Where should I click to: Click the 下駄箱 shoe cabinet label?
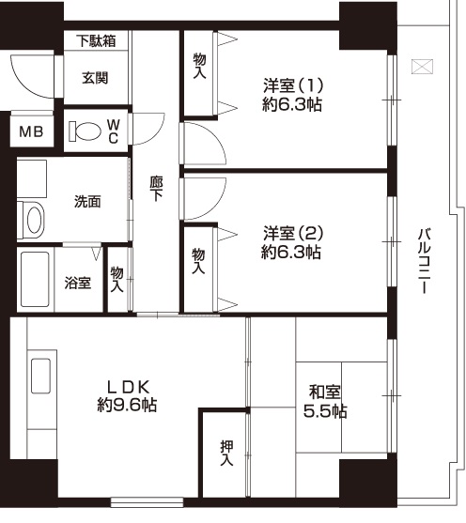tap(96, 40)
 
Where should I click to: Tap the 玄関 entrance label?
tap(96, 78)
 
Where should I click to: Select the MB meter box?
tap(31, 131)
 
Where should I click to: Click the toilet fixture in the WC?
tap(85, 131)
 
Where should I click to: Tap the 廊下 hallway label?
tap(156, 189)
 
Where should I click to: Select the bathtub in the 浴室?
tap(35, 279)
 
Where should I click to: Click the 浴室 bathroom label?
tap(77, 283)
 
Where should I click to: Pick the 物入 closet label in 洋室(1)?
tap(199, 66)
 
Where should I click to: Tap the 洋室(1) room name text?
tap(293, 85)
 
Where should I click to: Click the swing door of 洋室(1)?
tap(204, 144)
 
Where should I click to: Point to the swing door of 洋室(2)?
tap(204, 199)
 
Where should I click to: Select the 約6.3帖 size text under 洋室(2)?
tap(291, 253)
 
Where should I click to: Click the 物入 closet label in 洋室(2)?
tap(198, 261)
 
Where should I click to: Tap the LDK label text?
tap(128, 387)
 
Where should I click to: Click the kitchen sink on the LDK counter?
tap(41, 376)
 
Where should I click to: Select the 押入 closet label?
tap(226, 453)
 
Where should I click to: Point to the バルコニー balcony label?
tap(425, 261)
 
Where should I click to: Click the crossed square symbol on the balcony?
tap(422, 67)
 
